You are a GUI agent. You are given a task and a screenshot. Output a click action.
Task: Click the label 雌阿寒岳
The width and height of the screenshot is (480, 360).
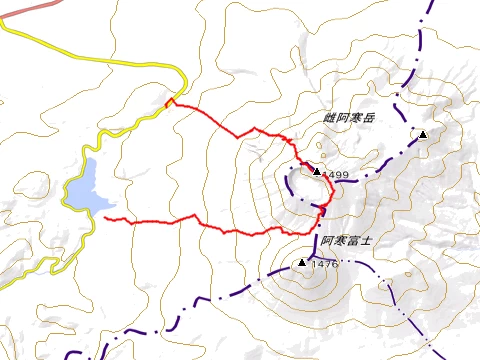(x=348, y=117)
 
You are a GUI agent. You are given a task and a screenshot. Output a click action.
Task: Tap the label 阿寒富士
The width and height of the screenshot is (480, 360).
(x=346, y=240)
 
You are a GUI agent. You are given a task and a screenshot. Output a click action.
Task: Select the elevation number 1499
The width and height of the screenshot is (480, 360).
(x=336, y=175)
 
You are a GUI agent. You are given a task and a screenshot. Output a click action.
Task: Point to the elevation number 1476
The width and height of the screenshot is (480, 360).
(x=325, y=264)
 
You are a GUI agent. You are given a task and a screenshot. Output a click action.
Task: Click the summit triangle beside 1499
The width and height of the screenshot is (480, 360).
(x=317, y=172)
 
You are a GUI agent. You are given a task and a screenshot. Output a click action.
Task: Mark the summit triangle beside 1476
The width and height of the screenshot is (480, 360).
(x=302, y=262)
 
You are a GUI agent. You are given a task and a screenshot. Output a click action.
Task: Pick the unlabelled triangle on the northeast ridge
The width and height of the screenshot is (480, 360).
(x=423, y=134)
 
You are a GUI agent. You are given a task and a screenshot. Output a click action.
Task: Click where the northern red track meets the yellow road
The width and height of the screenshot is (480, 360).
(x=170, y=101)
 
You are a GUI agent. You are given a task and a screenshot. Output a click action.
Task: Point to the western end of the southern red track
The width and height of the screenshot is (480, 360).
(x=105, y=218)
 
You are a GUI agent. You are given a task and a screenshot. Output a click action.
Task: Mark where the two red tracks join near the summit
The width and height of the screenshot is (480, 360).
(x=322, y=210)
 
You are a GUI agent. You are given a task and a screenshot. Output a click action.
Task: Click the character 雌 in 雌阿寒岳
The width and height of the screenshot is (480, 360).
(x=330, y=117)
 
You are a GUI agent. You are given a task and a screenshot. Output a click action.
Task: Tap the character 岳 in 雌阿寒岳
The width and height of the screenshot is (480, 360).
(x=367, y=117)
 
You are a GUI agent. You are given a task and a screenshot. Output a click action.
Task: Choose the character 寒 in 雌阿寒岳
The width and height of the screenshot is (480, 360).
(x=355, y=117)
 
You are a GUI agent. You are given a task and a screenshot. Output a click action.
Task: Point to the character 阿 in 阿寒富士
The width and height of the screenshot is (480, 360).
(x=328, y=240)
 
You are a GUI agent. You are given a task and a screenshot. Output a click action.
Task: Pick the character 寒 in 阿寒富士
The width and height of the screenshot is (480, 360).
(x=340, y=240)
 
